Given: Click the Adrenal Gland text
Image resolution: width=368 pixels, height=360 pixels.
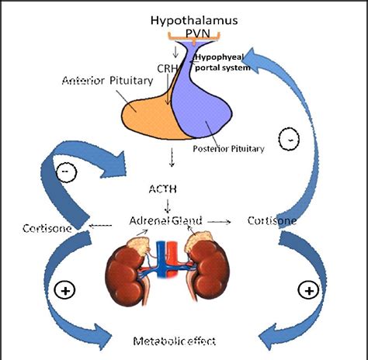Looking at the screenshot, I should click(167, 221).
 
